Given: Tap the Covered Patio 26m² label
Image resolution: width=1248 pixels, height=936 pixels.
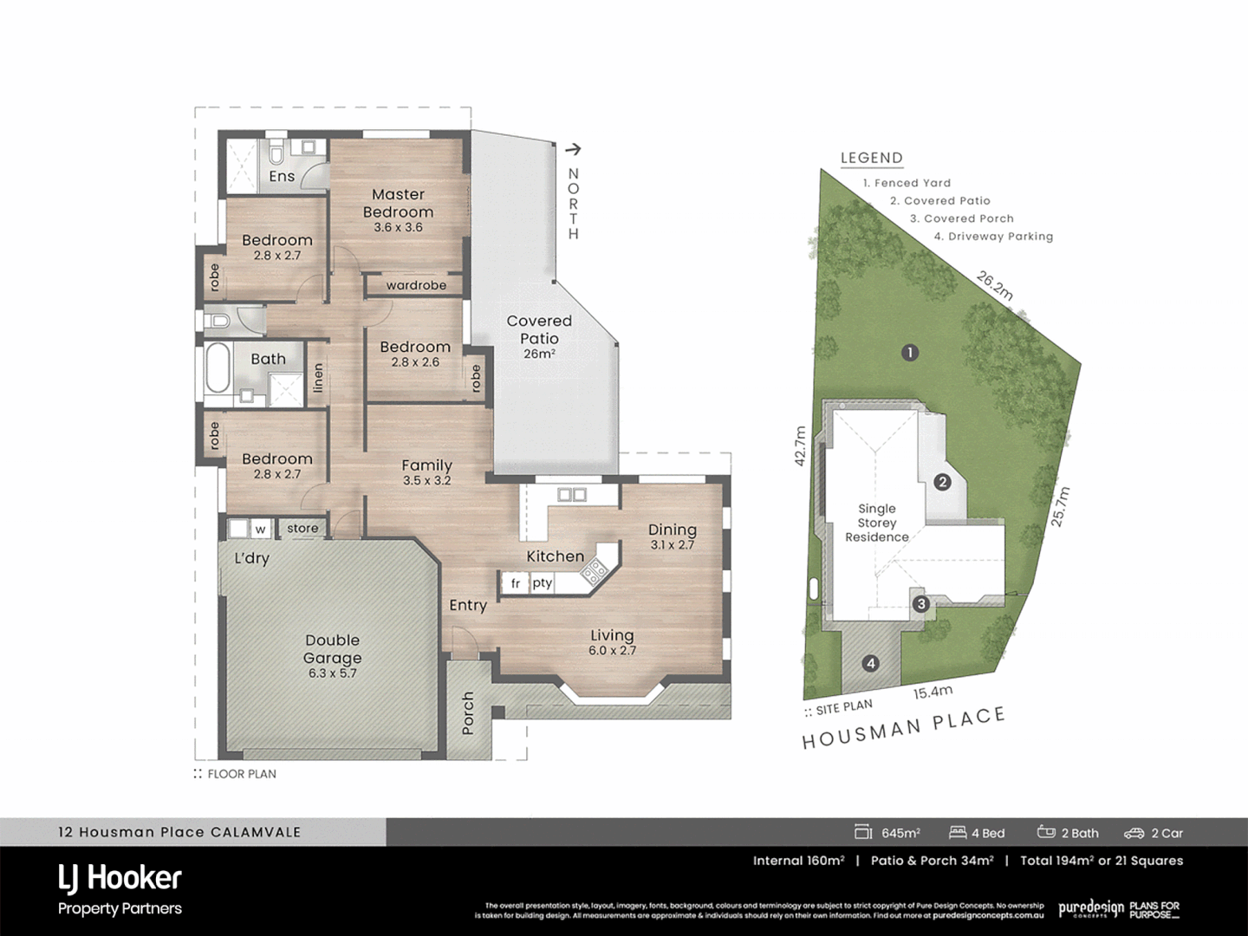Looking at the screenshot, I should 539,335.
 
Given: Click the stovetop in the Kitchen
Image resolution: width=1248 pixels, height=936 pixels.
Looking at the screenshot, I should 595,569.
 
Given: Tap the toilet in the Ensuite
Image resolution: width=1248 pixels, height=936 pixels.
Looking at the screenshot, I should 276,153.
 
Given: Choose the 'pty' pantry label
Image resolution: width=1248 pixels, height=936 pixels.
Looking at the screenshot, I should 543,583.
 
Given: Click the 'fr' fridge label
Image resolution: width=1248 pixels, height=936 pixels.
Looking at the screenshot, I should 516,583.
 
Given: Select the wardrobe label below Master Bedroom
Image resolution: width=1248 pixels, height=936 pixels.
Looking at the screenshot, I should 416,285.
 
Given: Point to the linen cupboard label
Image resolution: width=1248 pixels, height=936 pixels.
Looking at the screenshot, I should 318,379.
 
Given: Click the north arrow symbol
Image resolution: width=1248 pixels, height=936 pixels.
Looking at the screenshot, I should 572,150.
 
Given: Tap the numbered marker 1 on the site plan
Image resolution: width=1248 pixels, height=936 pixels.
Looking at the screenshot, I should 909,353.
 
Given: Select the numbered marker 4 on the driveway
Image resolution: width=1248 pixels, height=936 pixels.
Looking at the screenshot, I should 871,664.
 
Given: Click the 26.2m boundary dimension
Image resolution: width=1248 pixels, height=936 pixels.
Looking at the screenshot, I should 995,285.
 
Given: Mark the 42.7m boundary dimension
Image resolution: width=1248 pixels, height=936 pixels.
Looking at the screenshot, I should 800,446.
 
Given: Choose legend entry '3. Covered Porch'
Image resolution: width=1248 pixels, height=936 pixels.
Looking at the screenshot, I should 961,218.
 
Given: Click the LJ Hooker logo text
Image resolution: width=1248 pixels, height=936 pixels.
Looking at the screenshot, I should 120,878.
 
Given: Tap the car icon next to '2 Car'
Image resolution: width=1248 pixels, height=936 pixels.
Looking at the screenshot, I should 1134,833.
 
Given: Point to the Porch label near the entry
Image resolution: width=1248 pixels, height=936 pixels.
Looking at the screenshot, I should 468,712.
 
